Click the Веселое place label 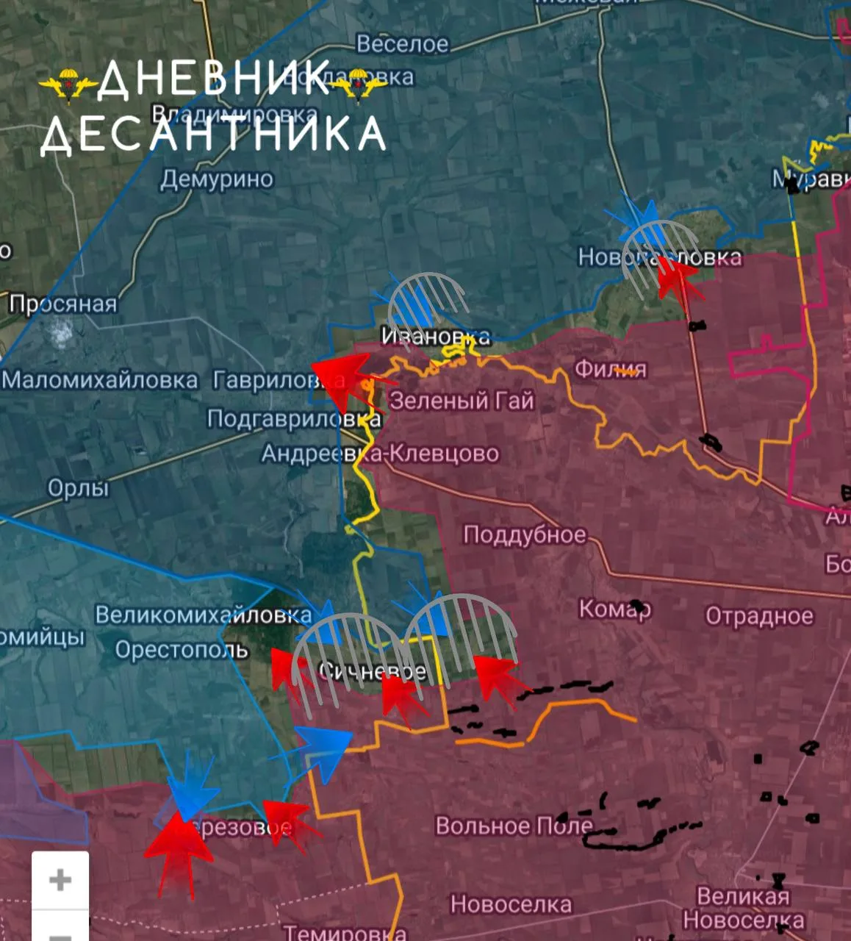[402, 44]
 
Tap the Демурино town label [217, 179]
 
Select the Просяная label [63, 304]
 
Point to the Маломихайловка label [100, 380]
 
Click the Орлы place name [78, 487]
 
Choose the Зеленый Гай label [462, 401]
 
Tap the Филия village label [610, 368]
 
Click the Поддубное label [525, 534]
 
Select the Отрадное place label [759, 616]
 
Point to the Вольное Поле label [514, 826]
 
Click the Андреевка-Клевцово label [380, 454]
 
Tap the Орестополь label [182, 650]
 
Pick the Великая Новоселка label [743, 908]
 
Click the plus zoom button [60, 880]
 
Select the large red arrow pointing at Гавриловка [344, 376]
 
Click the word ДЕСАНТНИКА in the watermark [213, 135]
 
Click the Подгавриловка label [293, 419]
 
